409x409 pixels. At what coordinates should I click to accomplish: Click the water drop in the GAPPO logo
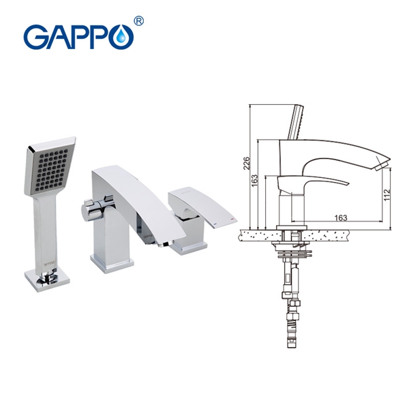pyautogui.click(x=122, y=37)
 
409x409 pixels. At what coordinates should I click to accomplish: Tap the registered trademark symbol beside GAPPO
pyautogui.click(x=138, y=21)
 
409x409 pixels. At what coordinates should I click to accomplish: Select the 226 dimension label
pyautogui.click(x=247, y=163)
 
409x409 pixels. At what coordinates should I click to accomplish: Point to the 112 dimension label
pyautogui.click(x=387, y=194)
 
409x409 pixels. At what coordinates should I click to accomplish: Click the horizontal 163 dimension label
pyautogui.click(x=341, y=217)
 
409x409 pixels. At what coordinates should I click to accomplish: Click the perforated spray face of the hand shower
pyautogui.click(x=50, y=169)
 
